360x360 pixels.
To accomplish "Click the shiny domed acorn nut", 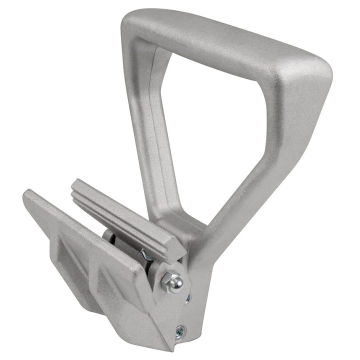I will click(174, 283).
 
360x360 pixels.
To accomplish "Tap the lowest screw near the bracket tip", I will click(180, 330).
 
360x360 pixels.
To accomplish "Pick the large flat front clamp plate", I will click(85, 250).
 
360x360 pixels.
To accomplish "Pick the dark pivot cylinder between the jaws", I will click(111, 237).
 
